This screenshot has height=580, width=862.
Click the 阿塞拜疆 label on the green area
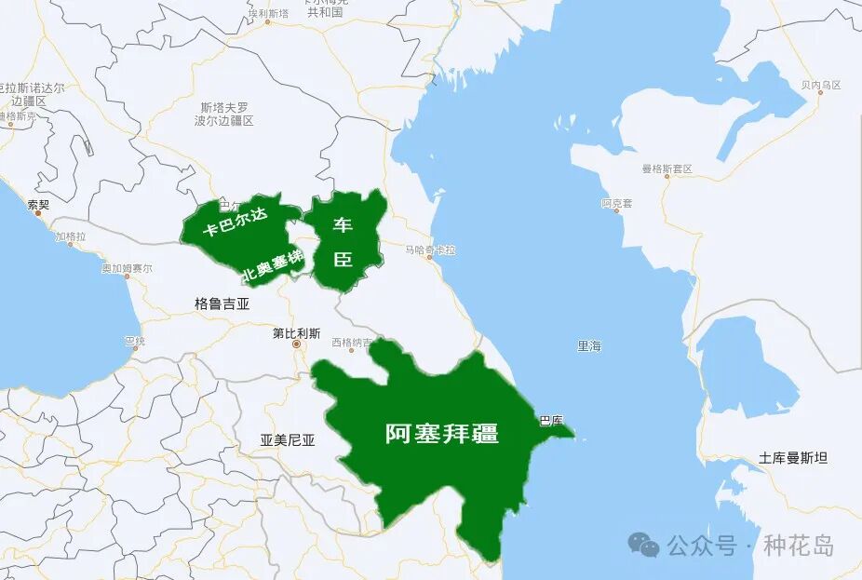[442, 433]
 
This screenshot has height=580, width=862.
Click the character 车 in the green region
[343, 225]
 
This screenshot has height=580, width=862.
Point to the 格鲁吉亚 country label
[222, 303]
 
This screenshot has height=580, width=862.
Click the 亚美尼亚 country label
[288, 440]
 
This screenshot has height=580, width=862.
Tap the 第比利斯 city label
[296, 332]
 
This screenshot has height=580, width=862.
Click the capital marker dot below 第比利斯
[297, 345]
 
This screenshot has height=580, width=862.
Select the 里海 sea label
[589, 345]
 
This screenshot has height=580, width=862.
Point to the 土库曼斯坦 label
[792, 457]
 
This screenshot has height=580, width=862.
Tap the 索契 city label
[38, 204]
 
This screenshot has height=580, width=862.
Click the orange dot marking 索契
[38, 214]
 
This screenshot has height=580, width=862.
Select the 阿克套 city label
[616, 203]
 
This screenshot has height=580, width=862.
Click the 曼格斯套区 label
[667, 169]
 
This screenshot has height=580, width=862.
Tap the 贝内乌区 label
[820, 85]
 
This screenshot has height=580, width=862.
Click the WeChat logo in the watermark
[643, 545]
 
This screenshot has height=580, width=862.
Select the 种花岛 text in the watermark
[799, 546]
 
